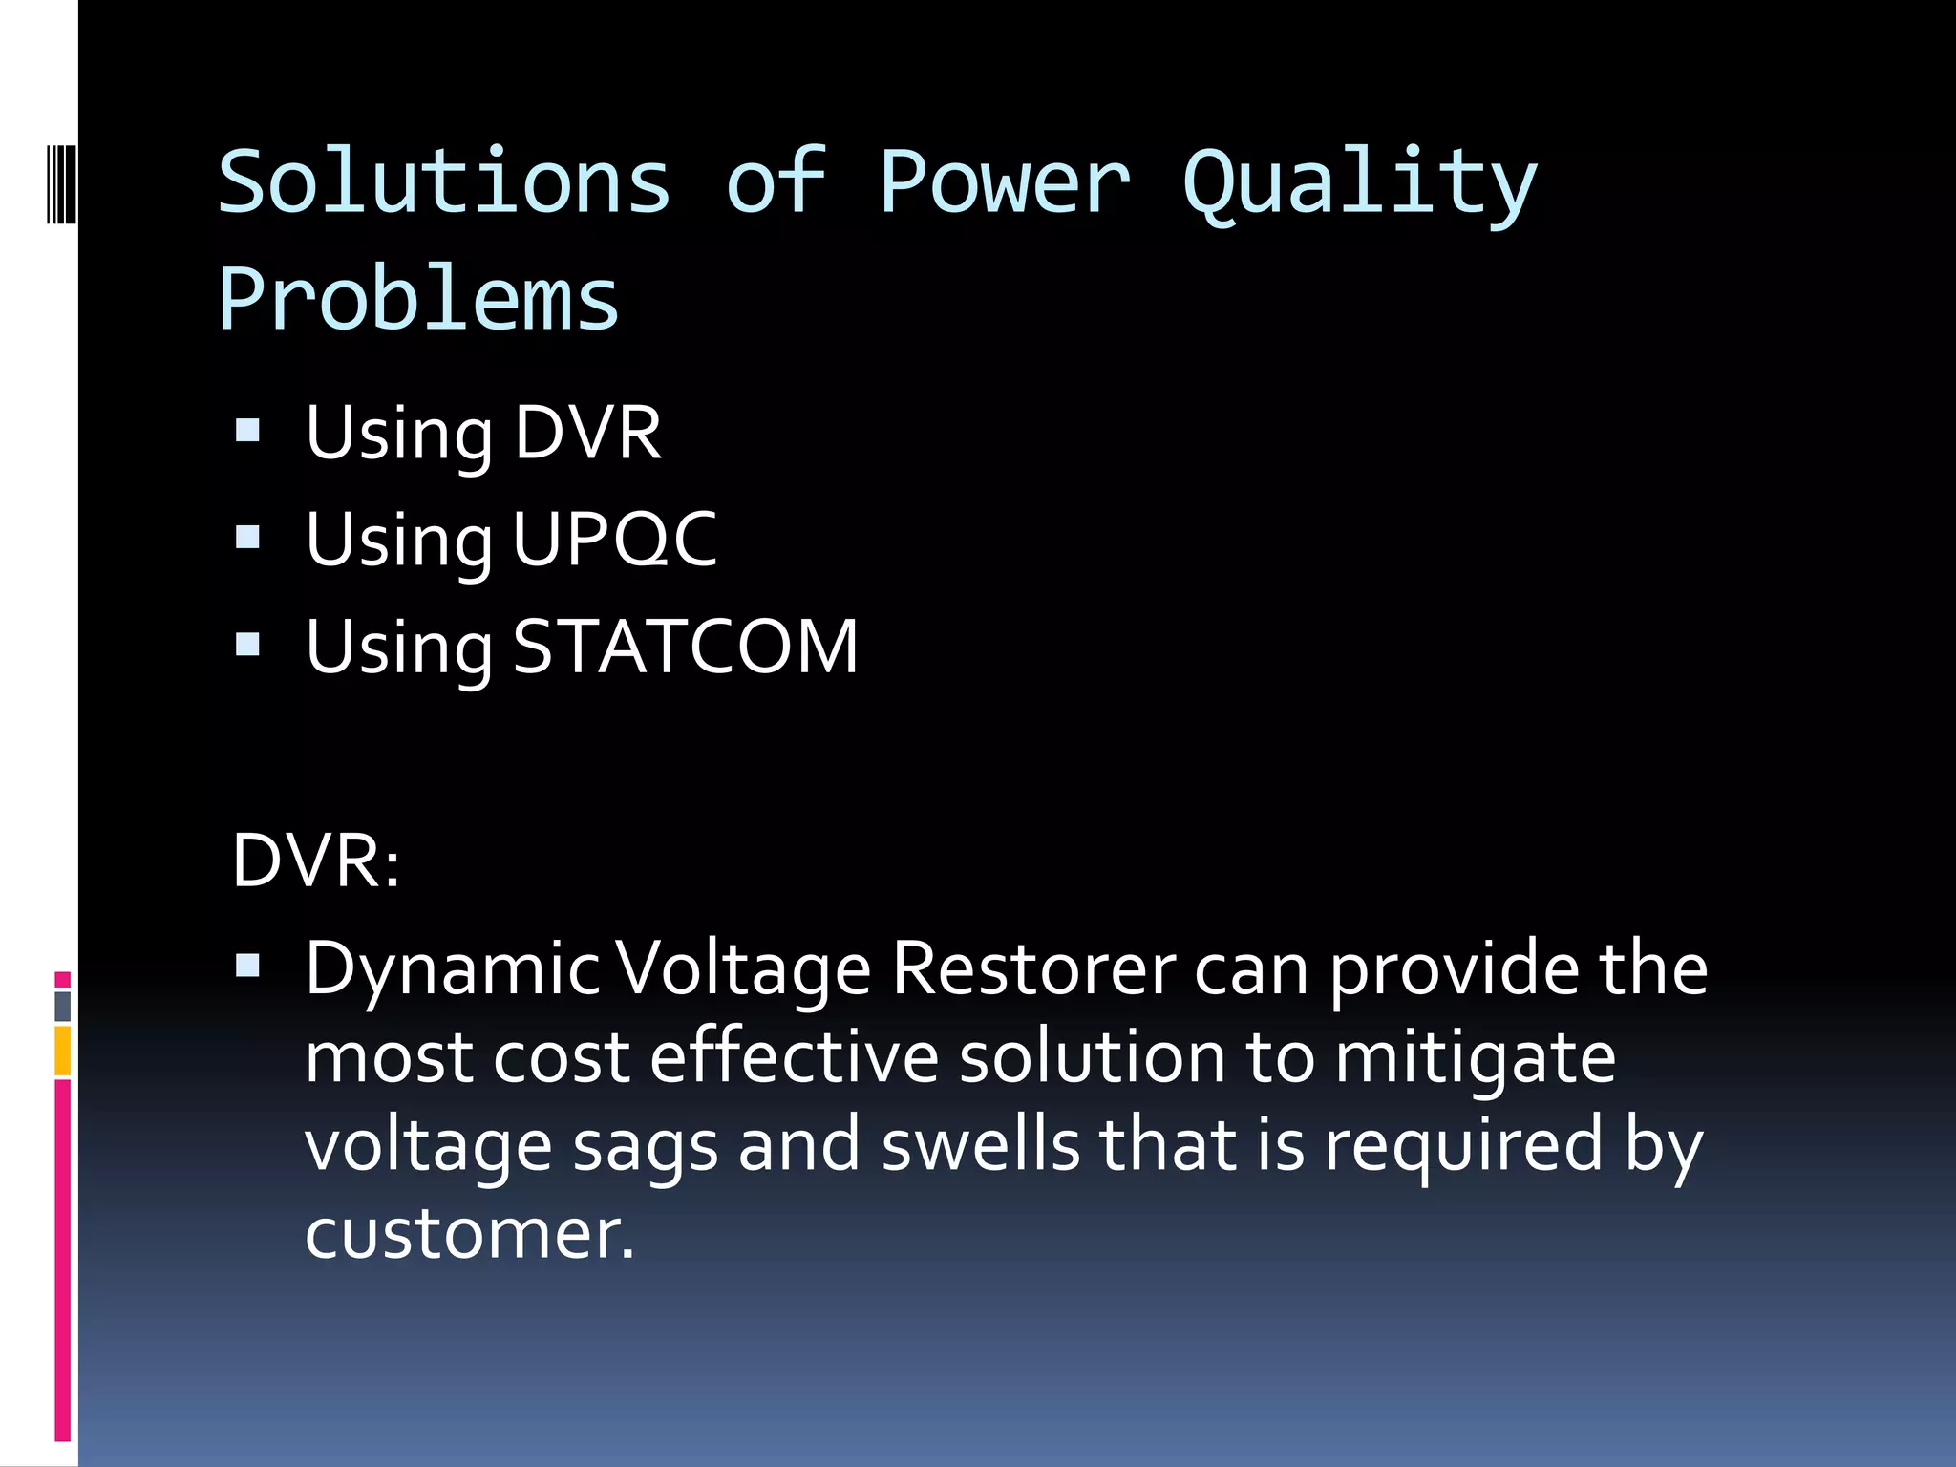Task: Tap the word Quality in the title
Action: [x=1359, y=183]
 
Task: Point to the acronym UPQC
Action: [x=614, y=540]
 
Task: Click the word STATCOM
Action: [x=685, y=647]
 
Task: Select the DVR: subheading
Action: [x=315, y=861]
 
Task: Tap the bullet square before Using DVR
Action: [x=248, y=431]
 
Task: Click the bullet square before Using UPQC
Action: [x=248, y=539]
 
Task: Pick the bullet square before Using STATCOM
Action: [x=248, y=646]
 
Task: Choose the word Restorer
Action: [x=1033, y=968]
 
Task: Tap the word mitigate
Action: [x=1475, y=1058]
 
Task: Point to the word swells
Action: [x=980, y=1144]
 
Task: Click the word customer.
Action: [x=468, y=1233]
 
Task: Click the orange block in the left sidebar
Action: [x=63, y=1051]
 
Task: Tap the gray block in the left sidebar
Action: [x=63, y=1006]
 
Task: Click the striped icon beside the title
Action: [x=61, y=181]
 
